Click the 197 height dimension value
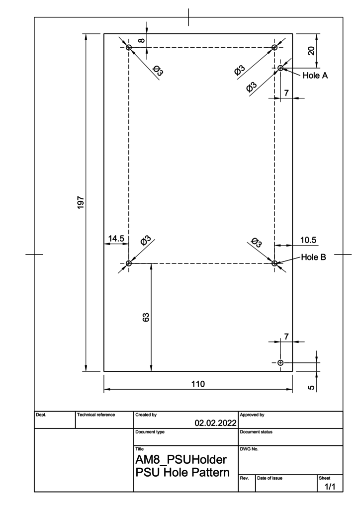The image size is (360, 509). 81,203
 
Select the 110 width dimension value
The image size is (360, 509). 198,384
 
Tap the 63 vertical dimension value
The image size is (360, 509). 146,317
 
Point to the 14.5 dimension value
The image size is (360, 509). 116,239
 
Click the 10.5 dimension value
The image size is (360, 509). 308,240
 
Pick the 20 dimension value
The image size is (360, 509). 311,51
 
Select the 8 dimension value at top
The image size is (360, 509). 142,41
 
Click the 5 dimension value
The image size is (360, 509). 311,387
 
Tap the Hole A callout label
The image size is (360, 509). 315,76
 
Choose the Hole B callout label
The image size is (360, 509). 314,257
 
